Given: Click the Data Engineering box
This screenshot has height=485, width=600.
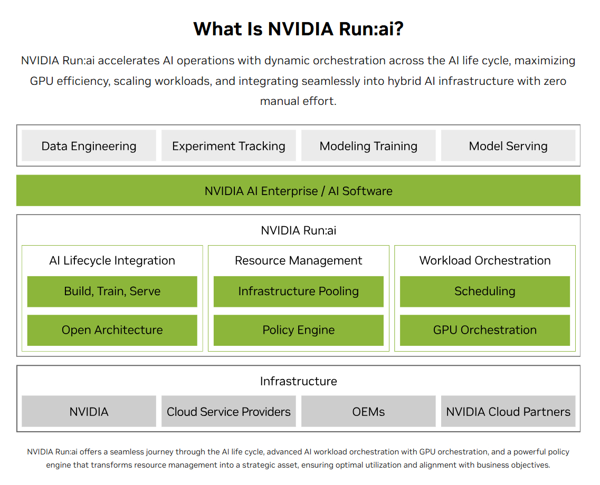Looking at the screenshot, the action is [x=89, y=145].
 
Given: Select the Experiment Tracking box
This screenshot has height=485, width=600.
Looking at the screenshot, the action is [x=228, y=145].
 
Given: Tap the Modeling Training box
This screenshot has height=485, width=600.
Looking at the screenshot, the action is [x=368, y=145].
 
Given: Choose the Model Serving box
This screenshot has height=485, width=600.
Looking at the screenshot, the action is [x=508, y=145].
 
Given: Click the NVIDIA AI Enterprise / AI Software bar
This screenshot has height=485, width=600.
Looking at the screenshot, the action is [x=299, y=191].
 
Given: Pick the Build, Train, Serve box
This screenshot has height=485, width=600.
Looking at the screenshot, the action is [x=112, y=292].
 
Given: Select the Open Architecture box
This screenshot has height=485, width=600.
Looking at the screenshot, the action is [x=112, y=330].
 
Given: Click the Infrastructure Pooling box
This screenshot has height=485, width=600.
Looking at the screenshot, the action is [x=299, y=292].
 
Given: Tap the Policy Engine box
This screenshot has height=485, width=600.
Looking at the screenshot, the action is [x=299, y=330].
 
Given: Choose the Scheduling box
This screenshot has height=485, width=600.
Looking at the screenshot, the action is [x=485, y=292].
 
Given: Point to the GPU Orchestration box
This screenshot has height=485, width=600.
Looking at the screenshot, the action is [x=485, y=330].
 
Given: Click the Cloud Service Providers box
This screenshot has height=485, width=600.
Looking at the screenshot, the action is [x=228, y=411].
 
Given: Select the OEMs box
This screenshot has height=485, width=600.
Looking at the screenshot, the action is [x=368, y=411].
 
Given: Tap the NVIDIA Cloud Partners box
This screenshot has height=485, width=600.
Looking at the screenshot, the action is [x=508, y=411].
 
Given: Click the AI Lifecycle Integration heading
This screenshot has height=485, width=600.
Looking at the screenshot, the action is [x=112, y=260].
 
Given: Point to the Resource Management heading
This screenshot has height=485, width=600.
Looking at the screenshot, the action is [x=299, y=260].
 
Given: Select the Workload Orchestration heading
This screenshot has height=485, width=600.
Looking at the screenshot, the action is [x=485, y=260].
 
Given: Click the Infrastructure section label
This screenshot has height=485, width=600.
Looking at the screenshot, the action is [x=299, y=381].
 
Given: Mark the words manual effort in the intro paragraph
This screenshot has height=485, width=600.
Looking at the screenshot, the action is [x=298, y=101].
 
